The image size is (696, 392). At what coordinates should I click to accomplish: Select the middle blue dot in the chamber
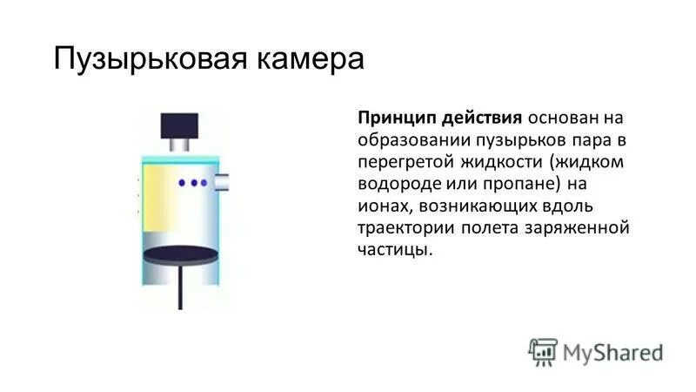coord(193,183)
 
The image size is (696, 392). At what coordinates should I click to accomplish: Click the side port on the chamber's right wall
coord(221,181)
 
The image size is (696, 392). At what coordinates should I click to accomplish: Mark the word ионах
coord(384,206)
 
